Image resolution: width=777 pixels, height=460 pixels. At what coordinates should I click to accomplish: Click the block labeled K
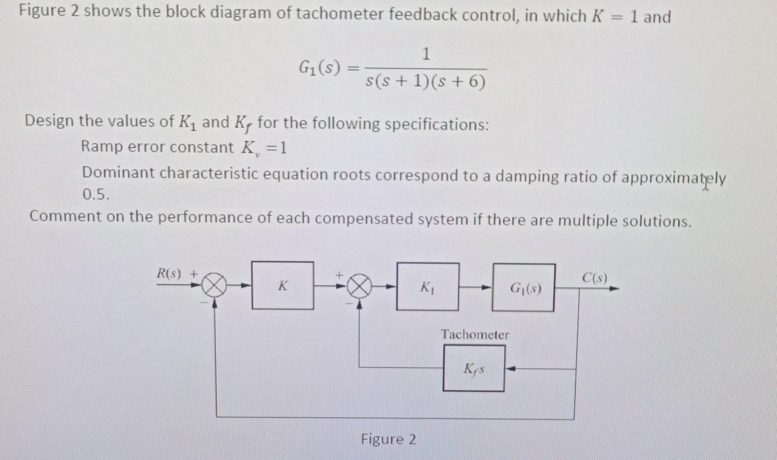tap(282, 286)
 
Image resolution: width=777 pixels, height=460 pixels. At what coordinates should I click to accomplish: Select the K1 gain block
tap(427, 287)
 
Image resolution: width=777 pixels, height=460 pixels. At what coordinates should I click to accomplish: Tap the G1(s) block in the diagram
tap(524, 288)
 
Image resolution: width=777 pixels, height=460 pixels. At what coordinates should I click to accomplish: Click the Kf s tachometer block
tap(474, 369)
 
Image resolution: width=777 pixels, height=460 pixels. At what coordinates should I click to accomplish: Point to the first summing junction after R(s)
tap(215, 286)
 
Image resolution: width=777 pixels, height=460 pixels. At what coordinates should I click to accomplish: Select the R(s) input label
tap(169, 273)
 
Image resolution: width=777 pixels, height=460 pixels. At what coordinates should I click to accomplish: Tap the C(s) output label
tap(595, 278)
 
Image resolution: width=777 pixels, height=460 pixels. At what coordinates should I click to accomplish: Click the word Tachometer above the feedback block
tap(475, 335)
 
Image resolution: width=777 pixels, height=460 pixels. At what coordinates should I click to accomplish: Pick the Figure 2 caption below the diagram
tap(388, 439)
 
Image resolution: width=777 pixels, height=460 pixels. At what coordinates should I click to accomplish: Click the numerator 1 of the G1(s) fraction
tap(426, 54)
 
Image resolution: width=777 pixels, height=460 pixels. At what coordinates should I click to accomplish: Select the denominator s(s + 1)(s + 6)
tap(425, 83)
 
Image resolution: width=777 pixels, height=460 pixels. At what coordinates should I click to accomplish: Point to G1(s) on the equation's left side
tap(319, 69)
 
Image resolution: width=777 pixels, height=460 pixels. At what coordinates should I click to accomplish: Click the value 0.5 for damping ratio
tap(96, 195)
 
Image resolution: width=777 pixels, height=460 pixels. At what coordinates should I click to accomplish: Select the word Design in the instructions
tap(49, 121)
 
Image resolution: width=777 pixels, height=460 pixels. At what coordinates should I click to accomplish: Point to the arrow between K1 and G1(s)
tap(480, 287)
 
